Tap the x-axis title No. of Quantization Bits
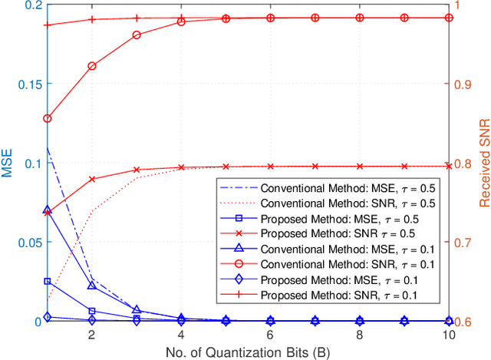(254, 352)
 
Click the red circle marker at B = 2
(92, 66)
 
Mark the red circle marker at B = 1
(48, 119)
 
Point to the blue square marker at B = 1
(48, 282)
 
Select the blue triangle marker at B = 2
(92, 286)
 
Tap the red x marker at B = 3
(137, 170)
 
